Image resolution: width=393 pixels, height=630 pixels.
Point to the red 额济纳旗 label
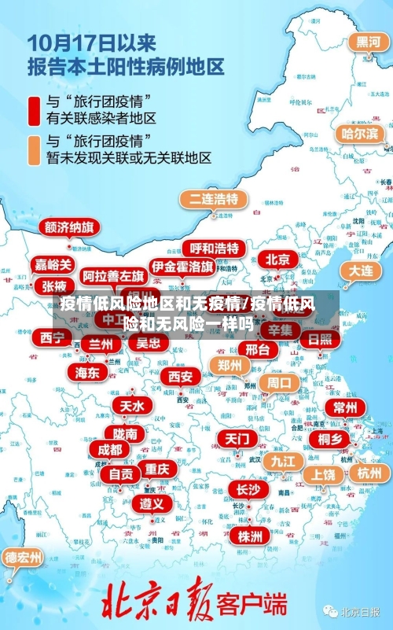pyautogui.click(x=70, y=227)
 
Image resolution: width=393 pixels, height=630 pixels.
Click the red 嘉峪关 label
pyautogui.click(x=53, y=265)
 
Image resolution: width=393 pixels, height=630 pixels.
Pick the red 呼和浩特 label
pyautogui.click(x=215, y=248)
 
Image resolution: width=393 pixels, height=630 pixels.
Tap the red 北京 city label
pyautogui.click(x=277, y=259)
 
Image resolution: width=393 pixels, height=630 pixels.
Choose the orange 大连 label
pyautogui.click(x=361, y=270)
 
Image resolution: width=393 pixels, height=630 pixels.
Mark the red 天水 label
pyautogui.click(x=131, y=405)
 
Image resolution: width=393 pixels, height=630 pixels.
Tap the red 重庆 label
pyautogui.click(x=156, y=468)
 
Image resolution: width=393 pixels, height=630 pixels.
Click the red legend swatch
pyautogui.click(x=34, y=111)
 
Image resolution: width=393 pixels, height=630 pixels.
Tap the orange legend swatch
pyautogui.click(x=34, y=149)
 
